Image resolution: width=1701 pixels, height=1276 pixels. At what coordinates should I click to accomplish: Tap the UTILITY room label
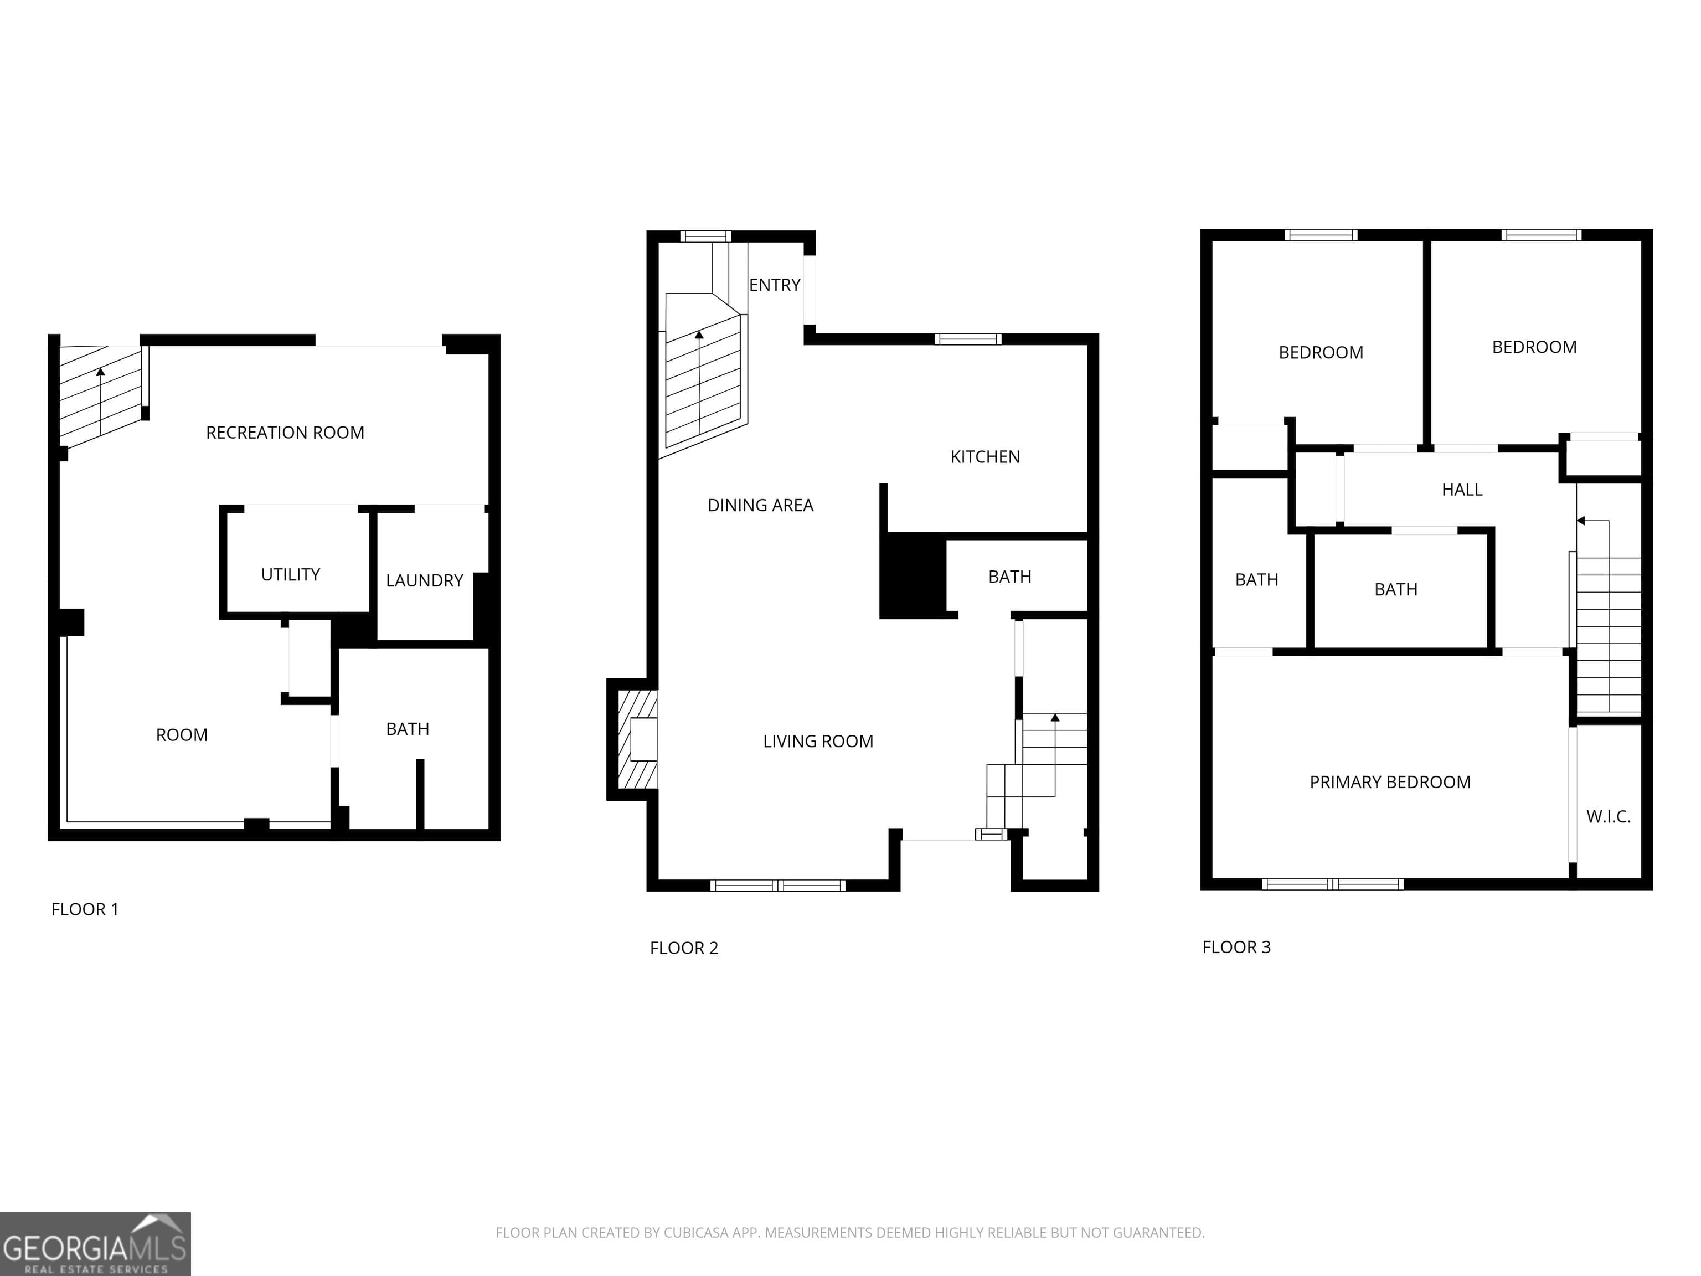coord(290,574)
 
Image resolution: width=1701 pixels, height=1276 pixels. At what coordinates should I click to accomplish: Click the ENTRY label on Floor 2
coord(775,285)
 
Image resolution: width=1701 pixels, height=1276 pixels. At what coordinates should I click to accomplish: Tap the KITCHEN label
coord(984,457)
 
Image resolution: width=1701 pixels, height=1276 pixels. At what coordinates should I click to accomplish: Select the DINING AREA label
coord(760,505)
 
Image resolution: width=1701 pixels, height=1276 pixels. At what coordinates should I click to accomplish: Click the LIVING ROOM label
coord(817,742)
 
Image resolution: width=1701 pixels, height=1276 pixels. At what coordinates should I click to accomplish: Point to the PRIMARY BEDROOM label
coord(1390,782)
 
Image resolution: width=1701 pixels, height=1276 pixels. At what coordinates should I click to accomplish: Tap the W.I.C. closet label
coord(1608,817)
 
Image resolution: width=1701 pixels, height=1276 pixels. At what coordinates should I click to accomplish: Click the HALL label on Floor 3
coord(1461,490)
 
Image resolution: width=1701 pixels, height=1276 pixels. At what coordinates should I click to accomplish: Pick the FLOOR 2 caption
coord(684,948)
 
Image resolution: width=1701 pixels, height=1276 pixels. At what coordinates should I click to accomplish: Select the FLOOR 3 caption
coord(1236,948)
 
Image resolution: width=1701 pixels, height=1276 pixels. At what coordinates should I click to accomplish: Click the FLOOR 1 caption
coord(85,909)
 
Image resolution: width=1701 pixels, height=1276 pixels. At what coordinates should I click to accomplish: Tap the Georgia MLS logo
coord(95,1244)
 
